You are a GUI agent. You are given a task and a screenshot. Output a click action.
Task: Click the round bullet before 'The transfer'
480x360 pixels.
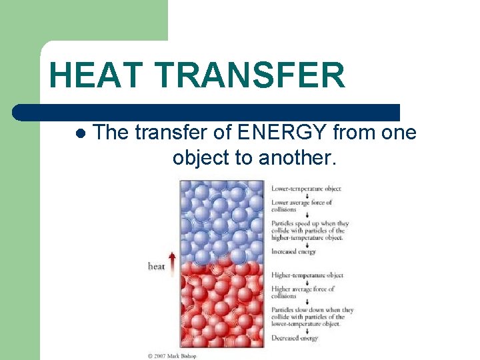[x=81, y=133]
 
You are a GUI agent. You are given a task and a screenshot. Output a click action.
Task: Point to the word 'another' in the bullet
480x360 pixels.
[x=306, y=158]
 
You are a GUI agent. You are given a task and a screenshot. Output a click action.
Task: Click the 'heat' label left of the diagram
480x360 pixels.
[x=157, y=267]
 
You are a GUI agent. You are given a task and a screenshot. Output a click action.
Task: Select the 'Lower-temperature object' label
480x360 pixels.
[x=306, y=189]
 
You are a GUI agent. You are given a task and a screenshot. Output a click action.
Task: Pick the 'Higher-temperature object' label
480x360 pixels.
[x=307, y=275]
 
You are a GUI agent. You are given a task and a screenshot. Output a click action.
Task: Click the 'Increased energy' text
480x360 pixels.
[x=293, y=251]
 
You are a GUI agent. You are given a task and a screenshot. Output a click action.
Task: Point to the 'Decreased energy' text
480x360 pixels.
[x=294, y=338]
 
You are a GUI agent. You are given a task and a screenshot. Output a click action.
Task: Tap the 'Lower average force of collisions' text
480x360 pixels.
[x=301, y=205]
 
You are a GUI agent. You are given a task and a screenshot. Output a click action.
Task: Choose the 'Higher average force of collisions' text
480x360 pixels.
[x=303, y=292]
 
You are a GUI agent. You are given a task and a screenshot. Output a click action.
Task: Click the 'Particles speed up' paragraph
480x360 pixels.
[x=310, y=230]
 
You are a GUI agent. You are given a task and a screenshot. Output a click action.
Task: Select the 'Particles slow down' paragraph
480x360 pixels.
[x=312, y=317]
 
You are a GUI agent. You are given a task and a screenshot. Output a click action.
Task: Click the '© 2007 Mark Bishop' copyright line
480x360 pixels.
[x=172, y=356]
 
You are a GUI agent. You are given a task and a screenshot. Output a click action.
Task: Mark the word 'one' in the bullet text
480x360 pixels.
[x=399, y=133]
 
